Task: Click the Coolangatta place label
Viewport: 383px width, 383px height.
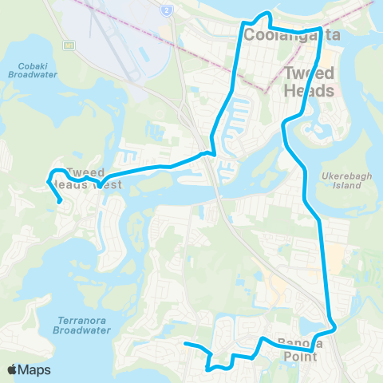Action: pos(283,35)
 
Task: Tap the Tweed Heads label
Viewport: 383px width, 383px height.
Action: pos(309,81)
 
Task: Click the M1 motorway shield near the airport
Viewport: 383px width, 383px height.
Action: pos(69,45)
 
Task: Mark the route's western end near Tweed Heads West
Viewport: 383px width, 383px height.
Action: pos(61,202)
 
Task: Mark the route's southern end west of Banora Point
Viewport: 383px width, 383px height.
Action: pos(185,344)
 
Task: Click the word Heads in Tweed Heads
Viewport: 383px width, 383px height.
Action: pos(309,91)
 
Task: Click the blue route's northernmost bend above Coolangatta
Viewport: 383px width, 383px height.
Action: pos(268,14)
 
